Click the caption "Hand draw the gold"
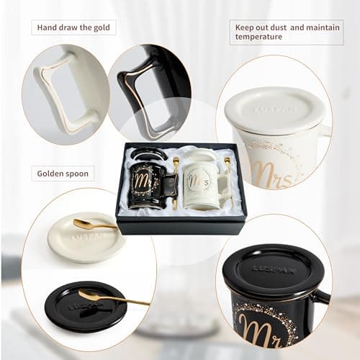coord(74,28)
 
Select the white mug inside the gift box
coord(202,184)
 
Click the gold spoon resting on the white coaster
coord(94,225)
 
